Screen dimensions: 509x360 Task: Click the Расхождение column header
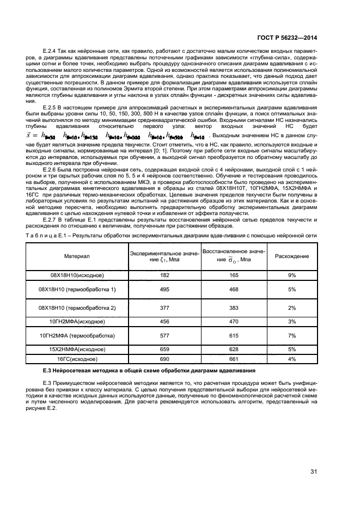point(292,256)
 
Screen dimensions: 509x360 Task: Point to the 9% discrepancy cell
point(292,276)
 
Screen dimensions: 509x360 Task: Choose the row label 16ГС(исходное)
point(77,359)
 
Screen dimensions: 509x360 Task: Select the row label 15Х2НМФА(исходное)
point(77,349)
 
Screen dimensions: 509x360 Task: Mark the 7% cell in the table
point(292,336)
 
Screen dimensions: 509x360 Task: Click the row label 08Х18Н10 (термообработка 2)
point(77,308)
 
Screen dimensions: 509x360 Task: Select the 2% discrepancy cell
point(292,308)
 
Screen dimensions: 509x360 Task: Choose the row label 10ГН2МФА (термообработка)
point(77,336)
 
